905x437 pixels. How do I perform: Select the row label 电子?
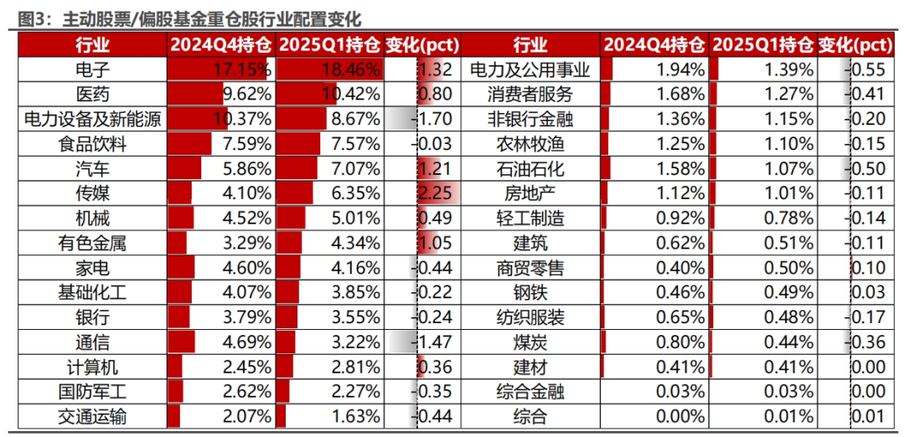pyautogui.click(x=92, y=69)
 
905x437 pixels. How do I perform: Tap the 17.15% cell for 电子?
pyautogui.click(x=241, y=70)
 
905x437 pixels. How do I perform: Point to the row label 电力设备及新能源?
pyautogui.click(x=92, y=120)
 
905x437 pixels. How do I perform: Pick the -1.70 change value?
pyautogui.click(x=432, y=120)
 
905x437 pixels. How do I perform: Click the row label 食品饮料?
pyautogui.click(x=92, y=144)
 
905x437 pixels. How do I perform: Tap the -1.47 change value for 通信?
pyautogui.click(x=432, y=342)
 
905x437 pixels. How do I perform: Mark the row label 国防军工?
pyautogui.click(x=92, y=392)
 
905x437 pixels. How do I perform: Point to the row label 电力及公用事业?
pyautogui.click(x=530, y=69)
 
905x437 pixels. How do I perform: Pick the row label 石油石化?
pyautogui.click(x=530, y=169)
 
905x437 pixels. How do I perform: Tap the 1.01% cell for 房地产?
pyautogui.click(x=789, y=193)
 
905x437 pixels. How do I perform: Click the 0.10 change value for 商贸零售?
pyautogui.click(x=868, y=268)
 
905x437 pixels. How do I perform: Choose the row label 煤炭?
pyautogui.click(x=530, y=342)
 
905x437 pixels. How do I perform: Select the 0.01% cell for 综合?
pyautogui.click(x=789, y=417)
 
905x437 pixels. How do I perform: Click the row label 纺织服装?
pyautogui.click(x=530, y=317)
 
